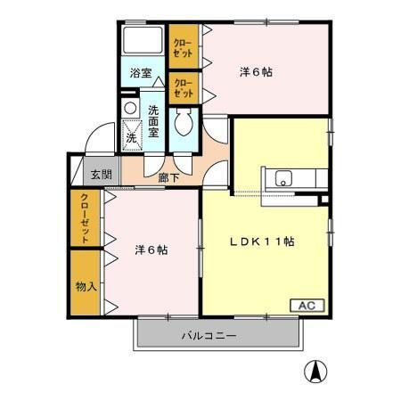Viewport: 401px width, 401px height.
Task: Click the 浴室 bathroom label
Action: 141,72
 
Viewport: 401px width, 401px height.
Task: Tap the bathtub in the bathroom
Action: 143,41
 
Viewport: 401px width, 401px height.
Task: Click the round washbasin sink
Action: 130,109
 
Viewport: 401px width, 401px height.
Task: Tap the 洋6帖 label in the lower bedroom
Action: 151,250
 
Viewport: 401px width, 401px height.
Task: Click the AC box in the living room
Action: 307,305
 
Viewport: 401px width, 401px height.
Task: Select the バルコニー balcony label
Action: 209,336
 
